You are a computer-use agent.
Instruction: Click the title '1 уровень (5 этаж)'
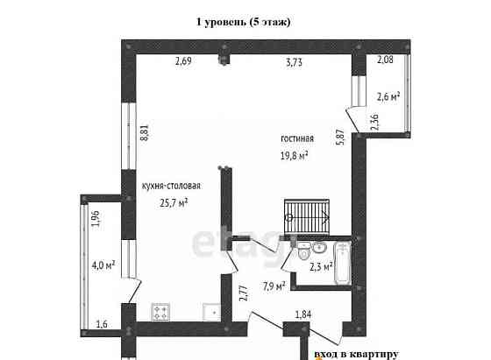(x=244, y=22)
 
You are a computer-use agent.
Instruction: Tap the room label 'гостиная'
(x=297, y=138)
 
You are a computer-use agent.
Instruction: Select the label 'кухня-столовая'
(x=171, y=186)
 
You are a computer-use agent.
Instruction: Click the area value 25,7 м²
(x=174, y=202)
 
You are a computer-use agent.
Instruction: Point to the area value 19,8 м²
(x=294, y=155)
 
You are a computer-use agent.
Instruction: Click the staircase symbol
(x=307, y=217)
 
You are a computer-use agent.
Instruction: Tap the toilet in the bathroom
(x=303, y=251)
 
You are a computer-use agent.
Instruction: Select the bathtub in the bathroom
(x=343, y=264)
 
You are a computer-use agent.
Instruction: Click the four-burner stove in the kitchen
(x=160, y=312)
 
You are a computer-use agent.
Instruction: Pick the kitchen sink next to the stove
(x=212, y=312)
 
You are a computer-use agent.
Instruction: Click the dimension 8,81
(x=145, y=132)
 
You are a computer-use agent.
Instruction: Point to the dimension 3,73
(x=295, y=62)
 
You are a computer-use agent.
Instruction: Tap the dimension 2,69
(x=183, y=60)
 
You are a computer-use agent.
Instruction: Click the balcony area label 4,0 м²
(x=103, y=265)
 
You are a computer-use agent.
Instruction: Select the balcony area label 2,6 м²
(x=388, y=96)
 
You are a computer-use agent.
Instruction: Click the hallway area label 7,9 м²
(x=274, y=286)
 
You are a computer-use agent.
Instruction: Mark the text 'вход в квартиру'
(x=356, y=354)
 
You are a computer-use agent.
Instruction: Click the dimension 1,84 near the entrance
(x=303, y=314)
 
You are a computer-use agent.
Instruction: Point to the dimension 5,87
(x=340, y=137)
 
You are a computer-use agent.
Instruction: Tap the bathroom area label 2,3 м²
(x=321, y=267)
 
